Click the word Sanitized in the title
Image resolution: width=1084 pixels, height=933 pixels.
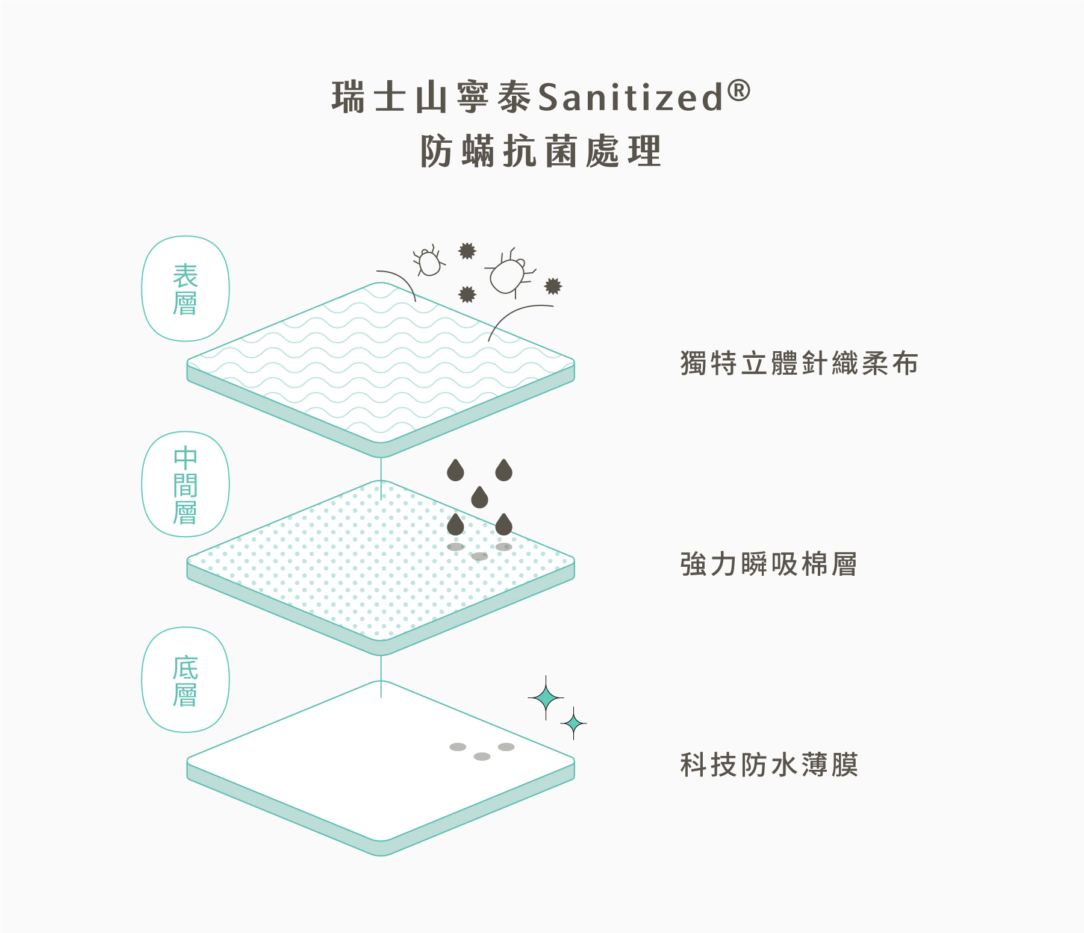(x=630, y=98)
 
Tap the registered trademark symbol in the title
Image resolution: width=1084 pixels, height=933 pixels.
(x=739, y=91)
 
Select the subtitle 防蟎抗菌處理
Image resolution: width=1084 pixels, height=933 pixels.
(x=541, y=151)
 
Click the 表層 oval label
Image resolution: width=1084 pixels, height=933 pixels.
(x=185, y=289)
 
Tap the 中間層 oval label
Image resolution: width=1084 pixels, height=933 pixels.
(x=185, y=484)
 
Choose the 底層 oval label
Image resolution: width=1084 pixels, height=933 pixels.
(x=185, y=680)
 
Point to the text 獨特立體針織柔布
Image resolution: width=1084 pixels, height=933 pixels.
(x=799, y=363)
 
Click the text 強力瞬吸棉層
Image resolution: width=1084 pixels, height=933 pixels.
(x=768, y=564)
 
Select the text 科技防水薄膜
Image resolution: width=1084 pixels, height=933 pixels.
(x=769, y=765)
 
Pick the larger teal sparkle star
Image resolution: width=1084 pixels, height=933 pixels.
(x=546, y=698)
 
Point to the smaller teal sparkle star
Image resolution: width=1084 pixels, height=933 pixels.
(x=574, y=723)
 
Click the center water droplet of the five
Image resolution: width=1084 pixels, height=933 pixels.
(x=479, y=498)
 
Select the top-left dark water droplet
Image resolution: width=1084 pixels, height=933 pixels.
(x=455, y=470)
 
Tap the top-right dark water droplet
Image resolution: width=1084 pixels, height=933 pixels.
(x=503, y=470)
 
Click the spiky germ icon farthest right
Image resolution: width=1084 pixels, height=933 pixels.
(x=553, y=286)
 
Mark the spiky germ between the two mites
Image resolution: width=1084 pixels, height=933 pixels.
(x=467, y=251)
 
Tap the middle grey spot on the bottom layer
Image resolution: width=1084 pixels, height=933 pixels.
(x=482, y=757)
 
